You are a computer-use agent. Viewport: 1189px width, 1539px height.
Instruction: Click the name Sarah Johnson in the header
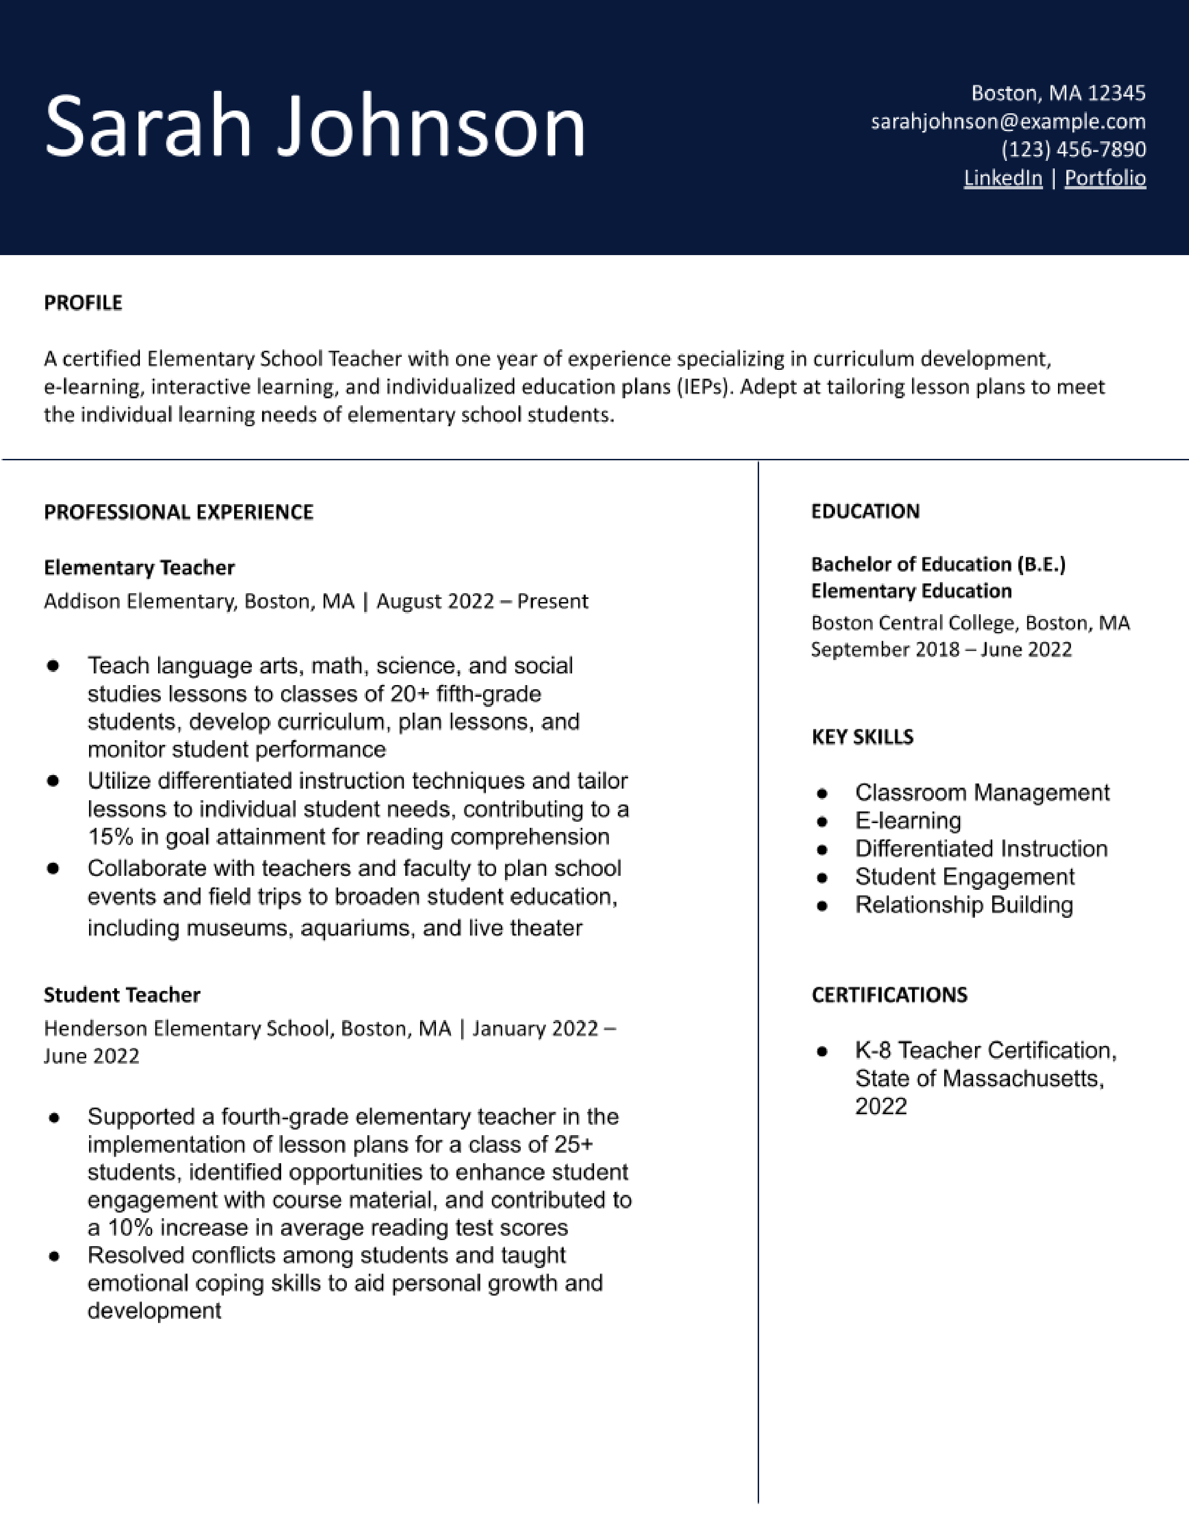click(315, 127)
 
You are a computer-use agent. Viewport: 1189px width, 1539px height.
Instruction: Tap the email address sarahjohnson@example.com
click(1008, 122)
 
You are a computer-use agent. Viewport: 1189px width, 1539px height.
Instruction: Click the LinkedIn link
click(1002, 178)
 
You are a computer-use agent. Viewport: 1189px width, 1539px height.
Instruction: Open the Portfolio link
click(1105, 178)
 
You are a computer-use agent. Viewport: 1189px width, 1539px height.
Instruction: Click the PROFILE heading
click(83, 303)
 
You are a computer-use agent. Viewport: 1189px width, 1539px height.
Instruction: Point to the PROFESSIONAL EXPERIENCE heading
click(178, 512)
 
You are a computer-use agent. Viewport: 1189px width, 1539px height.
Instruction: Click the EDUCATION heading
click(865, 512)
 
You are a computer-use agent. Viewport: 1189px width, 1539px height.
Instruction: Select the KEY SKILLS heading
click(862, 737)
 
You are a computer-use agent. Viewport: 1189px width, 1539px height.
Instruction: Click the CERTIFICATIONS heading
click(889, 995)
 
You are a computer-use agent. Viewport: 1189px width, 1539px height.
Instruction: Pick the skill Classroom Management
click(982, 793)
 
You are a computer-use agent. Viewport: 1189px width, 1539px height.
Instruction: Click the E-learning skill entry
click(908, 821)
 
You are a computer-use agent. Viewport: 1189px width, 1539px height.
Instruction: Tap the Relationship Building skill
click(964, 905)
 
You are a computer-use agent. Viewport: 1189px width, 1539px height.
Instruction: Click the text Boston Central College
click(913, 623)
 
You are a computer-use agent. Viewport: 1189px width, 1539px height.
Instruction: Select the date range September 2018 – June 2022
click(941, 650)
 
